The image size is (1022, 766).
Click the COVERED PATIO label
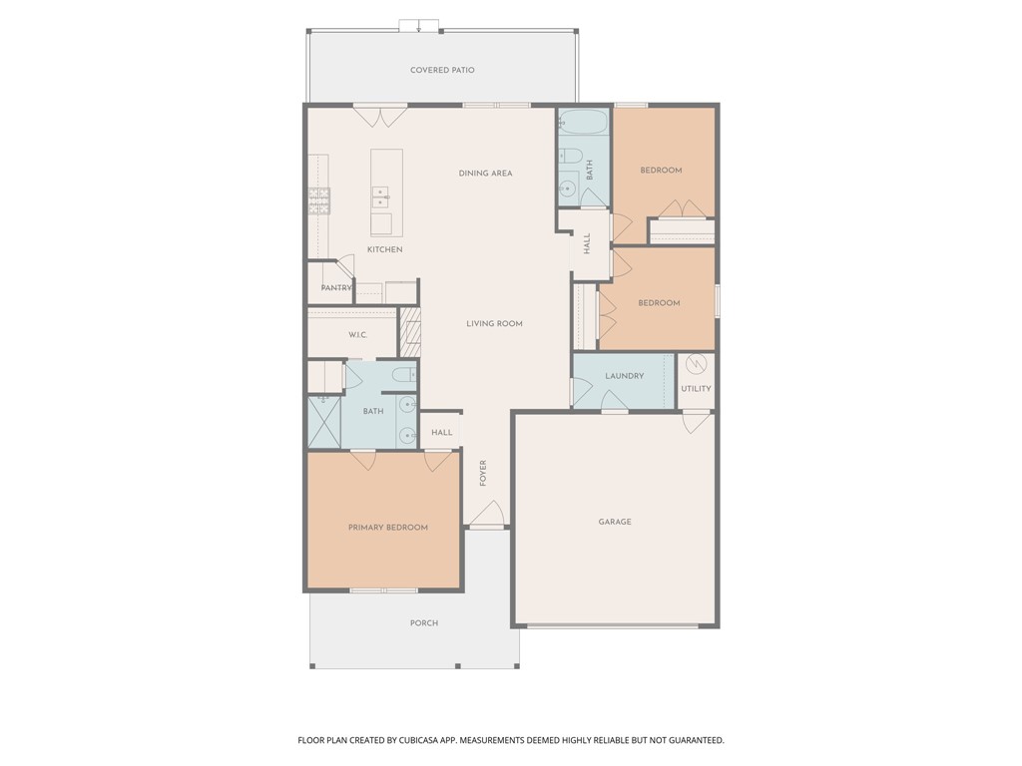point(442,70)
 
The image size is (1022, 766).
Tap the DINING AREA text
point(485,174)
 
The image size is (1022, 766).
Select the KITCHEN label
point(384,249)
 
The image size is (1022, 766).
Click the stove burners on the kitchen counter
point(318,201)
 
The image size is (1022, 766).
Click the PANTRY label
point(336,288)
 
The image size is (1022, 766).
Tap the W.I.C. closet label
point(358,335)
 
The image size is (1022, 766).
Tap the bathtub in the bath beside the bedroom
point(584,124)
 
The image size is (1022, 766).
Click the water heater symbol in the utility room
point(697,364)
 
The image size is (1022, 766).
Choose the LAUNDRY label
point(624,376)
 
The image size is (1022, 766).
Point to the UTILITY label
point(696,388)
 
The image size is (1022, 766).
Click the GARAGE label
point(615,522)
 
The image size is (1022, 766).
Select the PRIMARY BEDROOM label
point(387,528)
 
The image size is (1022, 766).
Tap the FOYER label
point(483,472)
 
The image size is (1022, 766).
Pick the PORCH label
point(423,623)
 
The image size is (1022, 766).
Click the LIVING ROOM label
point(494,323)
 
